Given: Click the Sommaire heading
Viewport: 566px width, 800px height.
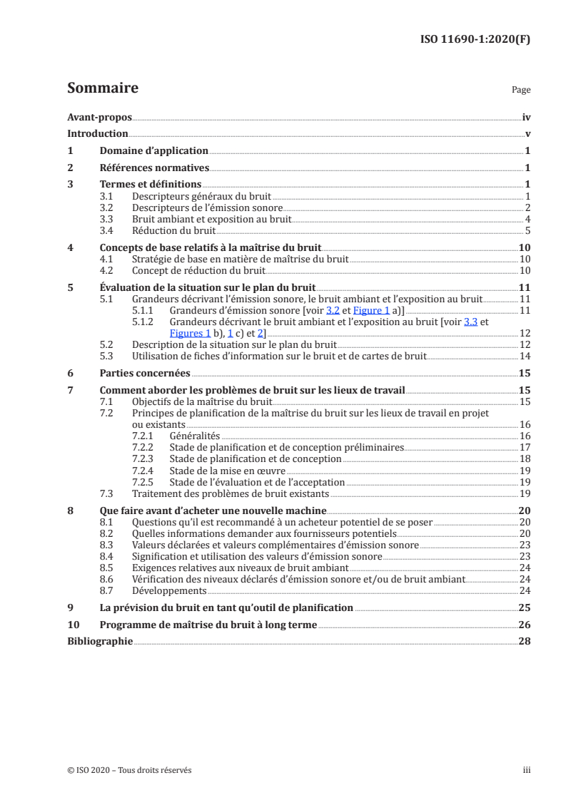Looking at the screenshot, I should click(102, 88).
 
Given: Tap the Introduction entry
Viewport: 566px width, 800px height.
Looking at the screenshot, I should click(97, 133).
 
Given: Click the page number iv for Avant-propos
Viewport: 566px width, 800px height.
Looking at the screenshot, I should click(526, 117).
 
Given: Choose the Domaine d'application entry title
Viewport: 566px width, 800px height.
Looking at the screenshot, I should click(153, 150).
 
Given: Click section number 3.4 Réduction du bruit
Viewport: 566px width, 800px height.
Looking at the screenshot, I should click(106, 230).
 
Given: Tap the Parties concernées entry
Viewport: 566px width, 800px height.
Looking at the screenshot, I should click(145, 373).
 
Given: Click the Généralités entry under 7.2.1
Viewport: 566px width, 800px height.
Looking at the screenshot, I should click(195, 435).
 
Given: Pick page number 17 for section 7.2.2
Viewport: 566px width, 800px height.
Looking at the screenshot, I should click(524, 447).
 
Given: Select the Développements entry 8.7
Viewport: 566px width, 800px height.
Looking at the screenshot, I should click(169, 590).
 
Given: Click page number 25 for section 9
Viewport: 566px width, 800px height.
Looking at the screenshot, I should click(524, 607).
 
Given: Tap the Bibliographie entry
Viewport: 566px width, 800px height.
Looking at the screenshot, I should click(100, 641).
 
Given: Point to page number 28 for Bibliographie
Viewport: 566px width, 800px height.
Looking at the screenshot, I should click(524, 641).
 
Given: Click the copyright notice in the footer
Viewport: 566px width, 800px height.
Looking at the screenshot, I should click(129, 770).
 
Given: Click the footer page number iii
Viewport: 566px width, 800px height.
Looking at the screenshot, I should click(527, 770).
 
